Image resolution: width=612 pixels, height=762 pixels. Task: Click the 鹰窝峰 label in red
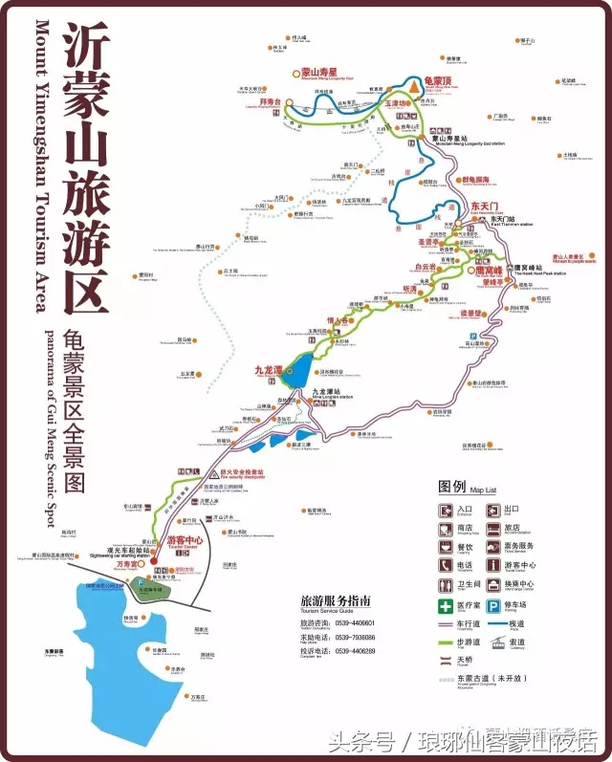tap(488, 270)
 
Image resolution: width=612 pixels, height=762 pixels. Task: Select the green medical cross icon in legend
tap(447, 605)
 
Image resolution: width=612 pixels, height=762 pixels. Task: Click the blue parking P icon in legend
tap(494, 605)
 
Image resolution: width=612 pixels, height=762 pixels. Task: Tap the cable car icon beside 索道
tap(494, 645)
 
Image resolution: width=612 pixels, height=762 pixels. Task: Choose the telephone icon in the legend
tap(447, 565)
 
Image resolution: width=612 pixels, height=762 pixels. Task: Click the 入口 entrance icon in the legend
tap(447, 510)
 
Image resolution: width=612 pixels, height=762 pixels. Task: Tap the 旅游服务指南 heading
tap(335, 600)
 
